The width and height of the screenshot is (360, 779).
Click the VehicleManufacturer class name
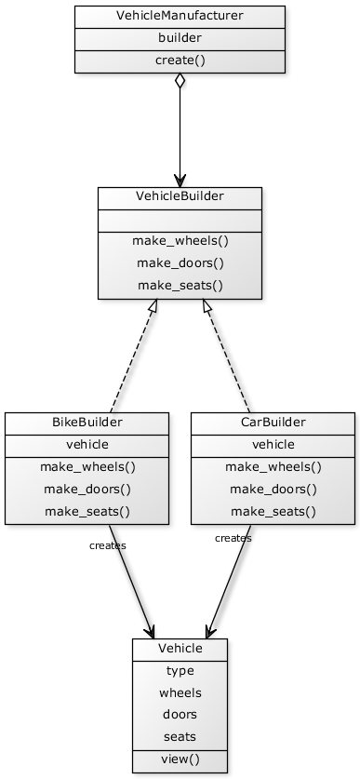(x=180, y=17)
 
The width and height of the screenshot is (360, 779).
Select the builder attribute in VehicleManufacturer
(x=180, y=38)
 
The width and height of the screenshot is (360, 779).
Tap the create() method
(x=180, y=60)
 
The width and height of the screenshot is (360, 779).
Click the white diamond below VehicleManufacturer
(x=180, y=81)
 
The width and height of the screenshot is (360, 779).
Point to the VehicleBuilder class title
(x=180, y=197)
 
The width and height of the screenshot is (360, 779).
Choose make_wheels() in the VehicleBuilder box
(x=180, y=240)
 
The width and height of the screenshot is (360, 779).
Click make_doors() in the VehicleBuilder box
(x=180, y=262)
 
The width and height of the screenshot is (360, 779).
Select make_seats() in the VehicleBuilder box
(x=180, y=286)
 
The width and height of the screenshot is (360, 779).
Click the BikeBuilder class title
(x=87, y=423)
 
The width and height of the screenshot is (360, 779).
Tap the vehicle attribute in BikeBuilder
(x=87, y=445)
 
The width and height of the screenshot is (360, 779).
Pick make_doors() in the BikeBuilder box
(x=87, y=489)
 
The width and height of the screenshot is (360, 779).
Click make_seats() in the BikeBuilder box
(x=87, y=511)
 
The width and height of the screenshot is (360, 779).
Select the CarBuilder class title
(x=273, y=423)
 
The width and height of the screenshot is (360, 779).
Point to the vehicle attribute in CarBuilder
(x=273, y=445)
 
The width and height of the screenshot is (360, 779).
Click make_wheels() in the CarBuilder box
(x=273, y=467)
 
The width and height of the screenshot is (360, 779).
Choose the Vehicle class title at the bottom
(x=180, y=649)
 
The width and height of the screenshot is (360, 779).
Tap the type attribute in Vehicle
(x=180, y=671)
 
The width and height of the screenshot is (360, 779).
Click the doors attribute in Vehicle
(x=180, y=715)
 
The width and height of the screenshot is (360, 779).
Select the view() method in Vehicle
(x=180, y=759)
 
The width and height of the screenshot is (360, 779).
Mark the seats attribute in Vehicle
(x=180, y=737)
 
